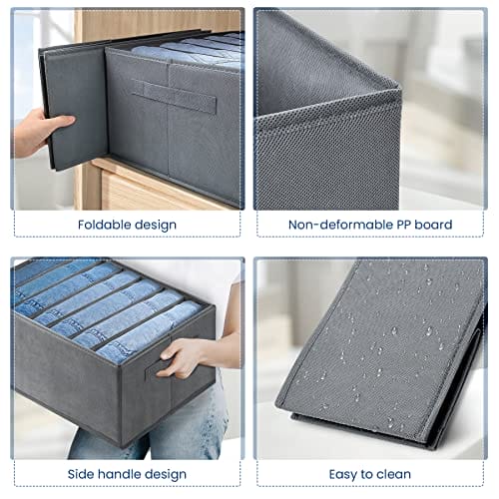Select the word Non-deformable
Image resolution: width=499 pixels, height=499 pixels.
pyautogui.click(x=340, y=225)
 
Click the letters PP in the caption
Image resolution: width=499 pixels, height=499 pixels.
pyautogui.click(x=403, y=225)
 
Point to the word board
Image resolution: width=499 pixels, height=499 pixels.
pyautogui.click(x=433, y=225)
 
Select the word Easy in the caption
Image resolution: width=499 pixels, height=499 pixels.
pyautogui.click(x=341, y=475)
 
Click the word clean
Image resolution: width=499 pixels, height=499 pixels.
pyautogui.click(x=392, y=474)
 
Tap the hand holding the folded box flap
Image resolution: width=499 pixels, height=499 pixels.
pyautogui.click(x=40, y=132)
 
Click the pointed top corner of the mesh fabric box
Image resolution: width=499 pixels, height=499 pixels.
pyautogui.click(x=398, y=87)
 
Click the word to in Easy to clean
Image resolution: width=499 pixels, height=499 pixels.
pyautogui.click(x=364, y=474)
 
